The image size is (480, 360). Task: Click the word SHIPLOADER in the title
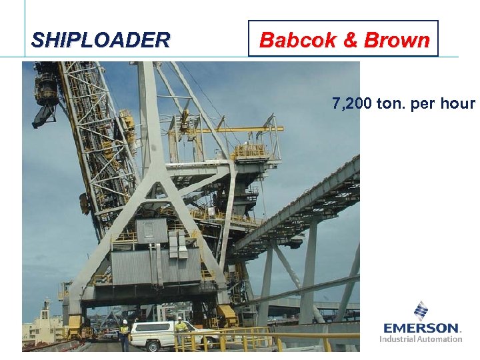(101, 40)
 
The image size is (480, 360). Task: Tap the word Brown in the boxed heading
(397, 40)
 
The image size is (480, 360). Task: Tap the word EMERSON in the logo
(421, 328)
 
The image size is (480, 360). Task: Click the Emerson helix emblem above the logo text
(421, 311)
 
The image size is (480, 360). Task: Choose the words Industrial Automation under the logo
(421, 339)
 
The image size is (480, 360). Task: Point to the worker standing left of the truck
(124, 334)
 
